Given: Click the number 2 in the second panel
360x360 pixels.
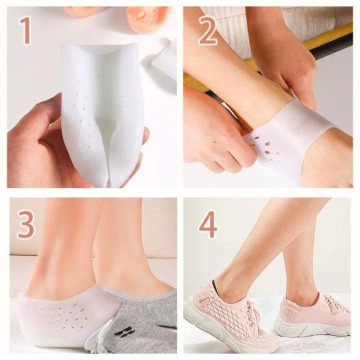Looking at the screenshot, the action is pyautogui.click(x=207, y=30).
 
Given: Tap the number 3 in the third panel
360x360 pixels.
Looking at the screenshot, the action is pyautogui.click(x=26, y=224).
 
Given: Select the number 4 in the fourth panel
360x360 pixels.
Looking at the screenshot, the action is pyautogui.click(x=208, y=225).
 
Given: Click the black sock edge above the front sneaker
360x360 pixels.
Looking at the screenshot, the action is pyautogui.click(x=216, y=284).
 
